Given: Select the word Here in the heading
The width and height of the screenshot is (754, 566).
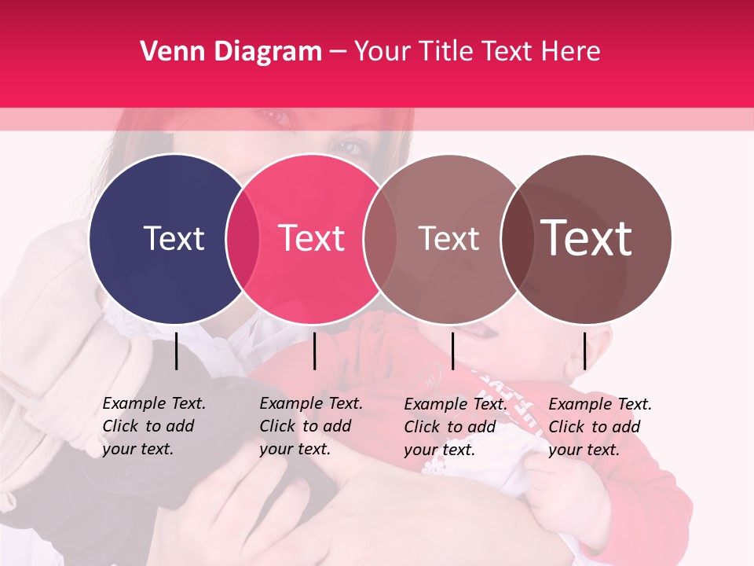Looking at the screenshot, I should coord(572,52).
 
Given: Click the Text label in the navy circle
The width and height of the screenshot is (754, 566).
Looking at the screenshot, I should coord(174,238).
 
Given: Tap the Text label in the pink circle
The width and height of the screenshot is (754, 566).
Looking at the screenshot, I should coord(312,238).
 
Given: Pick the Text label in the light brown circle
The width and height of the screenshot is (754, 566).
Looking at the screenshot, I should coord(448,238).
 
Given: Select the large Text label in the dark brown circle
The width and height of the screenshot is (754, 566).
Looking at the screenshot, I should coord(587,238).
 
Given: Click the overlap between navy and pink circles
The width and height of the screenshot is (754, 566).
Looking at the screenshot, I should coord(243,238).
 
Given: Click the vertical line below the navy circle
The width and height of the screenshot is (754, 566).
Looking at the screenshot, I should coord(177,351).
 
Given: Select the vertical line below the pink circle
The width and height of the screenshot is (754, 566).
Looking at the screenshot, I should coord(314,351).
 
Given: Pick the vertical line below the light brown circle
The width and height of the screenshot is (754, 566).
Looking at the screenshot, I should coord(452,351).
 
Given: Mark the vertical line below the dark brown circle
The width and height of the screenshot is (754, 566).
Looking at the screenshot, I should coord(585,351).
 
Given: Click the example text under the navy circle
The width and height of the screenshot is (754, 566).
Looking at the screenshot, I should coord(153,426).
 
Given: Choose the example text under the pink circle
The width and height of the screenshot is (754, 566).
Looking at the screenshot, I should coord(310,426).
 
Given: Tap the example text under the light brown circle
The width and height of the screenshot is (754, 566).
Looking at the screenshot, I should coord(455,427).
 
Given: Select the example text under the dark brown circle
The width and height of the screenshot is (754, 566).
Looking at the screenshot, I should coord(599,427).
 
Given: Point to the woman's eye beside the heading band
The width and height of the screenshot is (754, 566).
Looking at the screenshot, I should coord(351,146).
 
